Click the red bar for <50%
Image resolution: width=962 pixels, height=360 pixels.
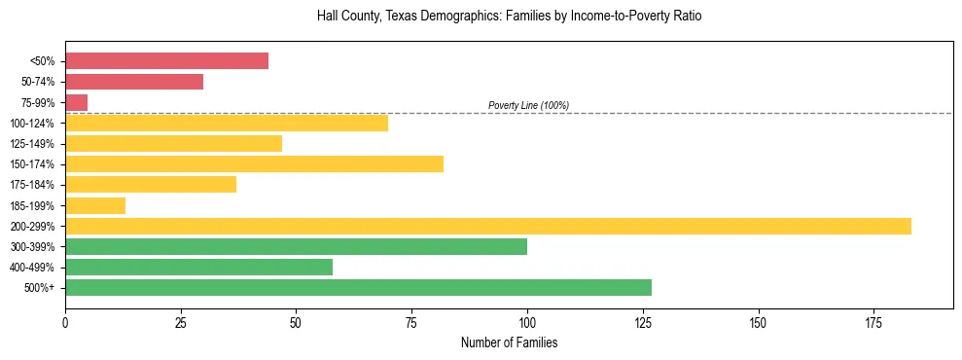pyautogui.click(x=166, y=61)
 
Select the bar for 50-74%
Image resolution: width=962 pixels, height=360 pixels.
pyautogui.click(x=134, y=82)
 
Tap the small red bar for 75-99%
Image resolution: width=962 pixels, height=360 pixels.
pyautogui.click(x=76, y=102)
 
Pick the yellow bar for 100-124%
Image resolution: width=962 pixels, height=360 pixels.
pyautogui.click(x=227, y=123)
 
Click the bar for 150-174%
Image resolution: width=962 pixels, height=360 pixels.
pyautogui.click(x=254, y=164)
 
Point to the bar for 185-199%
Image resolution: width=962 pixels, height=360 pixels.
pyautogui.click(x=95, y=205)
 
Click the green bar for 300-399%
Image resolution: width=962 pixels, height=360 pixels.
pyautogui.click(x=296, y=246)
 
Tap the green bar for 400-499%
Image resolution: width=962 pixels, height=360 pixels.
pyautogui.click(x=198, y=267)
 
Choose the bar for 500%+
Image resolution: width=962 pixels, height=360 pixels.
pyautogui.click(x=358, y=287)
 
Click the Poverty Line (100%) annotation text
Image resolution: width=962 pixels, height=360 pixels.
pyautogui.click(x=528, y=105)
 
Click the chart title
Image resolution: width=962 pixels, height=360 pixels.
pyautogui.click(x=509, y=17)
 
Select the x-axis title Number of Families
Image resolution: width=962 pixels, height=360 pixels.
pyautogui.click(x=509, y=343)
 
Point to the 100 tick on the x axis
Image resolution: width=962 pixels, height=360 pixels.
pyautogui.click(x=527, y=322)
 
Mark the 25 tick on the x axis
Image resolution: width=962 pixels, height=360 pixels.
pyautogui.click(x=181, y=322)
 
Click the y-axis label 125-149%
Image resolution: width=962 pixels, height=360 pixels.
pyautogui.click(x=33, y=144)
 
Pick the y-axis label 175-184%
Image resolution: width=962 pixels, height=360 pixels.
pyautogui.click(x=33, y=185)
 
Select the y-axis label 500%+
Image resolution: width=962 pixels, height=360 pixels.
pyautogui.click(x=42, y=288)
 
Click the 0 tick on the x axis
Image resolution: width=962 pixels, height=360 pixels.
pyautogui.click(x=65, y=322)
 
